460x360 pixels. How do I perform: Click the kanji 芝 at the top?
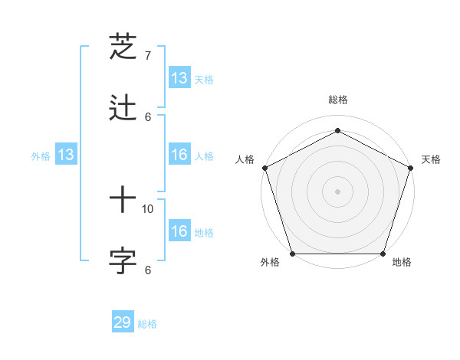(x=123, y=47)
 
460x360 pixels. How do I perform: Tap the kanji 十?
(x=123, y=201)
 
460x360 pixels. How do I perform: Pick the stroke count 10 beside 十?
(x=149, y=208)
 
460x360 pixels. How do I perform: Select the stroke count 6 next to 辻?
(x=148, y=116)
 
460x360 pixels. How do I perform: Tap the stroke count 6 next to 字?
(x=148, y=270)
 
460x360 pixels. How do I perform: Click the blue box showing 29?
(x=123, y=322)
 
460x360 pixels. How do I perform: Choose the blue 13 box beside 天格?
(x=179, y=78)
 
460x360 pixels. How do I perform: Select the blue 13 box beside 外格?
(x=66, y=155)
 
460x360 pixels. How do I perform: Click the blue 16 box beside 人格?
(x=179, y=155)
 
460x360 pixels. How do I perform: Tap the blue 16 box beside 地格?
(x=179, y=231)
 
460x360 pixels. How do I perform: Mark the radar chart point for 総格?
(x=337, y=131)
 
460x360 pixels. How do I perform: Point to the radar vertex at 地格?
(x=383, y=254)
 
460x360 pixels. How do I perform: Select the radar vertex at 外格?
(x=292, y=254)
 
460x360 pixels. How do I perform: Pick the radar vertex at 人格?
(x=264, y=168)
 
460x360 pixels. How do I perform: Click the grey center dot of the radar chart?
(x=337, y=191)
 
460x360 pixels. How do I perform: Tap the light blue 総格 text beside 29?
(x=147, y=324)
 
